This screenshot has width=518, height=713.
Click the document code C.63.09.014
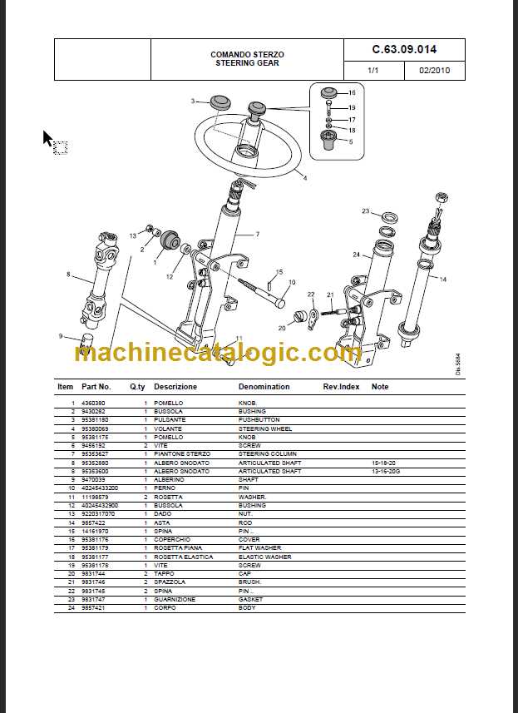404,50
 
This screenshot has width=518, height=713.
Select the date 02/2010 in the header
434,71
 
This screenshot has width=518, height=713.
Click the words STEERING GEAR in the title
247,63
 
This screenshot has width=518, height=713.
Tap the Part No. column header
96,387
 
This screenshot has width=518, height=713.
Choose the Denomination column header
264,387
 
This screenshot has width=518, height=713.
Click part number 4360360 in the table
93,403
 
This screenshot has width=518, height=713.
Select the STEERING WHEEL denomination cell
265,428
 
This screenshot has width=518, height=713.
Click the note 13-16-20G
387,471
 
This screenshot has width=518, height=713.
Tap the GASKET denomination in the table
250,599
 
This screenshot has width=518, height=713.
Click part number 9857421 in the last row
93,607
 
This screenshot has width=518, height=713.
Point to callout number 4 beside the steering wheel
304,178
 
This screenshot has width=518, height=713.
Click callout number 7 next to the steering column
257,234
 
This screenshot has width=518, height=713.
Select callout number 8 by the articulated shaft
68,274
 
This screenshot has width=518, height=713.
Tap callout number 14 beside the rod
442,280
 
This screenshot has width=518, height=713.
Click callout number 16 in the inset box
352,93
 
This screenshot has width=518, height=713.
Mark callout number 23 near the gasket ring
365,211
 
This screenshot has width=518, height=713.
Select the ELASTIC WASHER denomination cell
264,557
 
